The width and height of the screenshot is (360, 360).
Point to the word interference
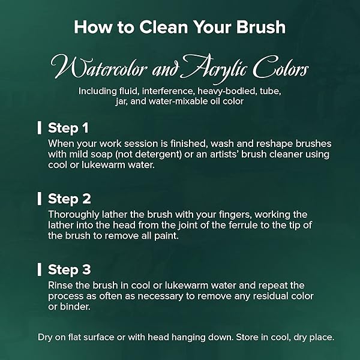167,91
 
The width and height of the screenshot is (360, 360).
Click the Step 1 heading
68,128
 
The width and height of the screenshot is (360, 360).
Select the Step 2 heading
70,199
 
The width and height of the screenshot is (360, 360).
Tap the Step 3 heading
70,269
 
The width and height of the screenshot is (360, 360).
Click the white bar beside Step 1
40,128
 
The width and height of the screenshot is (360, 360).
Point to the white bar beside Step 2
40,199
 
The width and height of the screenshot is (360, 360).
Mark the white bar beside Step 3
40,269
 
